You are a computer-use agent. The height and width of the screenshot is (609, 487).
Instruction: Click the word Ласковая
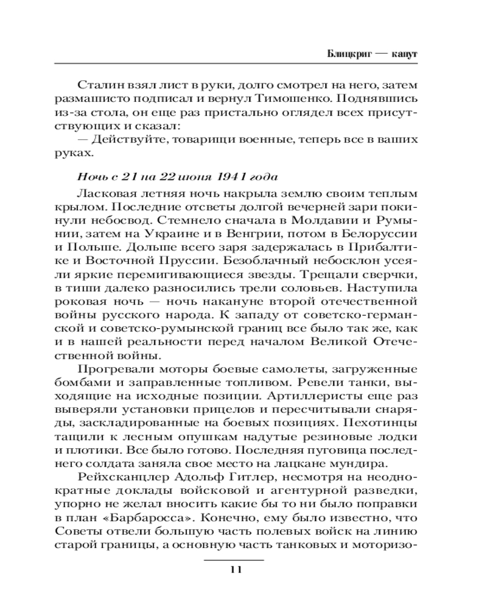pos(103,194)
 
